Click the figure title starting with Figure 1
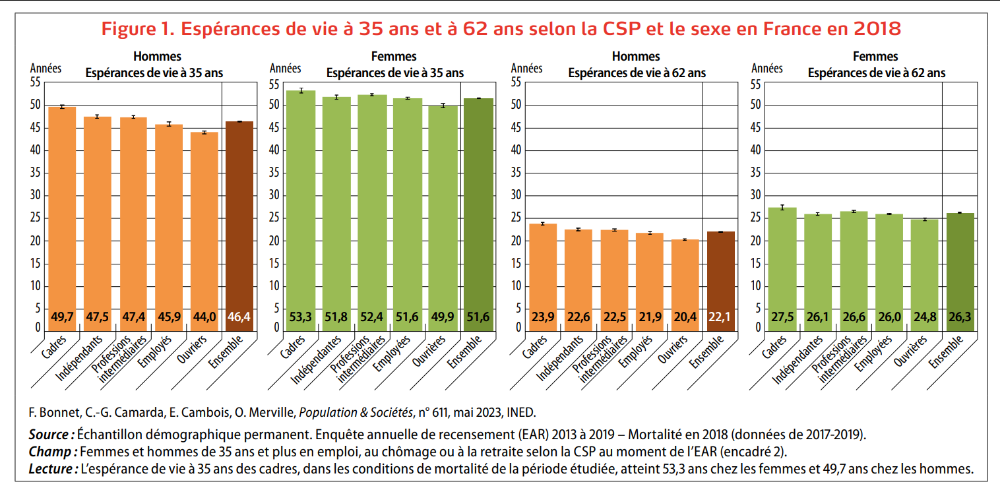click(x=501, y=29)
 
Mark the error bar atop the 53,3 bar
click(x=301, y=90)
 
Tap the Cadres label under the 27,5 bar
click(x=774, y=347)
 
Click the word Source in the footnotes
click(x=50, y=435)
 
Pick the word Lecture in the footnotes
click(x=52, y=469)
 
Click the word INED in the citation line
click(x=520, y=413)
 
